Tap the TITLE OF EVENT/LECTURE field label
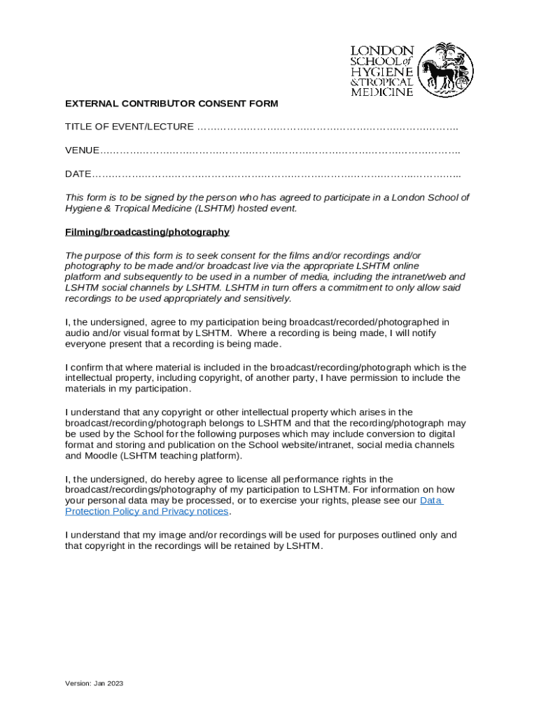click(129, 127)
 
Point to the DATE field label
click(78, 174)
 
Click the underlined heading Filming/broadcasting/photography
click(147, 232)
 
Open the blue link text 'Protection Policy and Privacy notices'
click(147, 511)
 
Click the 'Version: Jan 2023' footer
click(94, 683)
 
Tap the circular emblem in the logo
click(446, 69)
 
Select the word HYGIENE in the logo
click(381, 72)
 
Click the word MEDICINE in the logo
click(381, 92)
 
